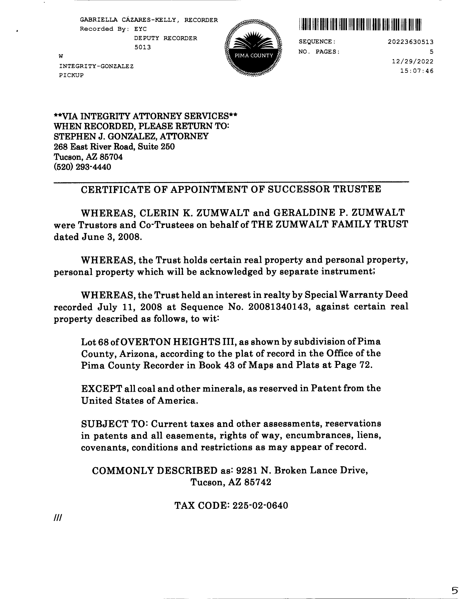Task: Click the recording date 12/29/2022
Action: [413, 61]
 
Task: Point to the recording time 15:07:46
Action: [417, 71]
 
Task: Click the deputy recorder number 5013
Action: [142, 47]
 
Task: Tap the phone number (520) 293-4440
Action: [83, 167]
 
